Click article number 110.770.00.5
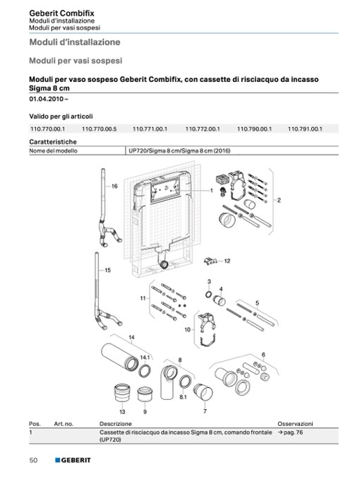point(100,129)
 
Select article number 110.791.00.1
point(305,129)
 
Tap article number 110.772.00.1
point(203,129)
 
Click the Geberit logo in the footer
point(73,460)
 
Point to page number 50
point(33,460)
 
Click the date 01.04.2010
point(47,99)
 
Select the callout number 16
point(114,186)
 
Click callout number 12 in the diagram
point(227,261)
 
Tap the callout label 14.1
point(145,357)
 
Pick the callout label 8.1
point(183,397)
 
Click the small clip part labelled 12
point(210,261)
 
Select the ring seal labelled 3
point(208,295)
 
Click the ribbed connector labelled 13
point(122,393)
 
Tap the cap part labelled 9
point(145,394)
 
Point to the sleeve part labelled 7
point(203,392)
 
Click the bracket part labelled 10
point(208,330)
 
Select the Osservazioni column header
point(295,424)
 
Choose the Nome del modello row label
point(53,150)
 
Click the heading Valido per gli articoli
point(61,117)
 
